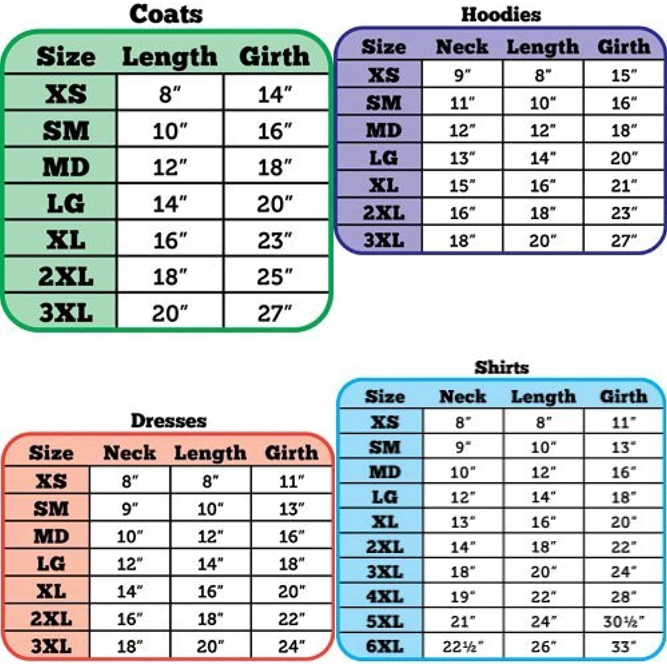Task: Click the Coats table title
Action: [166, 14]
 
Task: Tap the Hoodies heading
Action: [501, 15]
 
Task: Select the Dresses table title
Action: [169, 421]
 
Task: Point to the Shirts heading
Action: [502, 367]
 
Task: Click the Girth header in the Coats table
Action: [274, 56]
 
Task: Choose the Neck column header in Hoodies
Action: [462, 47]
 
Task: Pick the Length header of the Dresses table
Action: [210, 453]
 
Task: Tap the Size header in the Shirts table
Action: [385, 396]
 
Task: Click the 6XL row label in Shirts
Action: [385, 646]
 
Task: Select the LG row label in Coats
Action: [66, 204]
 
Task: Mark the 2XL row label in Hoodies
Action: [384, 213]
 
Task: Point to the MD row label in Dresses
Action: [51, 536]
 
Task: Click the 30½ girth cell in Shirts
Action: [623, 621]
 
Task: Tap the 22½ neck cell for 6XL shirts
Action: [462, 646]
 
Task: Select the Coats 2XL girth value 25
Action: [274, 277]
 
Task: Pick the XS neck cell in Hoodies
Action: [462, 75]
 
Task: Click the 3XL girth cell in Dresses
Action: [291, 646]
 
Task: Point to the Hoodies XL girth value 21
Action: [623, 185]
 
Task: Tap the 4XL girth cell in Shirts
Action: [623, 596]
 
